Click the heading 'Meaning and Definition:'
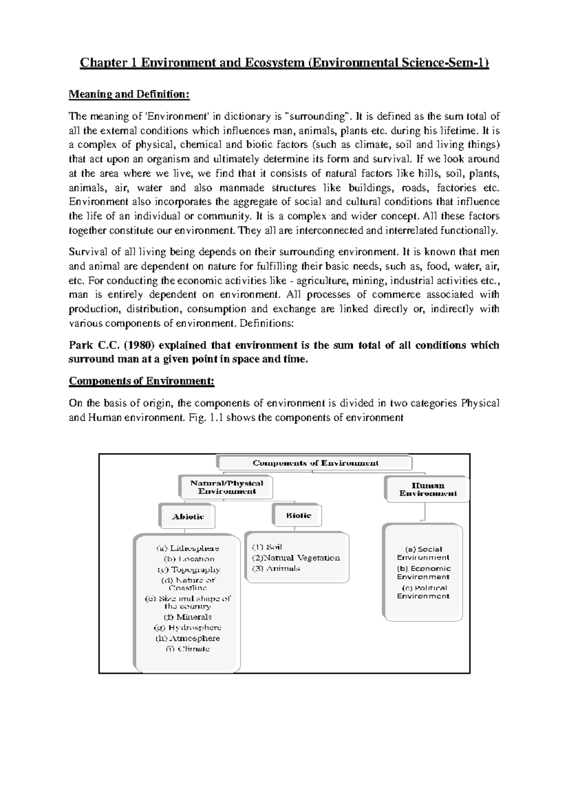(129, 94)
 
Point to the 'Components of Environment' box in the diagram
(315, 463)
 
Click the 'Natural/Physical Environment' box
(227, 487)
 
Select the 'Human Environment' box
(428, 489)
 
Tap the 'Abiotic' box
(187, 517)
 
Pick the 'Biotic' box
(298, 515)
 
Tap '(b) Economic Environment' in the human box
(423, 573)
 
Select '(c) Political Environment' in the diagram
(423, 592)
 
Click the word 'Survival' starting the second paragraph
(85, 252)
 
